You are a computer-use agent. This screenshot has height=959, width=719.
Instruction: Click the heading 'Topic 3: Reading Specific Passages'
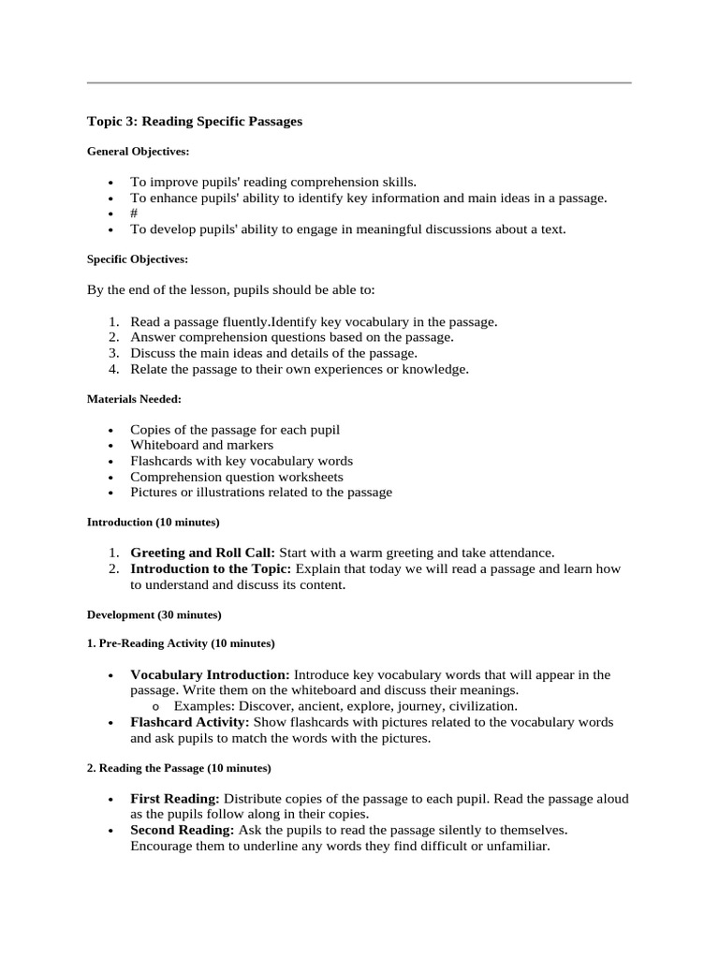pyautogui.click(x=195, y=122)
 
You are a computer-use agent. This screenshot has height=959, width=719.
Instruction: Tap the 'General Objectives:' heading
pyautogui.click(x=138, y=151)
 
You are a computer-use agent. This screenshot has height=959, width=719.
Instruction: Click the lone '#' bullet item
pyautogui.click(x=135, y=213)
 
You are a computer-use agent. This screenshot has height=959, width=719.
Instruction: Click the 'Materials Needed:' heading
pyautogui.click(x=134, y=399)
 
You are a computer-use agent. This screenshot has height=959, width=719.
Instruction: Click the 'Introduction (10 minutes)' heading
pyautogui.click(x=154, y=522)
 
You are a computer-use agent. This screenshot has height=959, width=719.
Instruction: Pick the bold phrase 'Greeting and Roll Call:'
pyautogui.click(x=202, y=553)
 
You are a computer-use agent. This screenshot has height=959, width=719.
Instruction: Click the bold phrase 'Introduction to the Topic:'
pyautogui.click(x=211, y=568)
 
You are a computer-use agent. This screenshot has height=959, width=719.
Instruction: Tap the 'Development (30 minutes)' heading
pyautogui.click(x=154, y=614)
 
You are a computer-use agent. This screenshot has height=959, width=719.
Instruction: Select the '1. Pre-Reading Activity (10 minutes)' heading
pyautogui.click(x=181, y=643)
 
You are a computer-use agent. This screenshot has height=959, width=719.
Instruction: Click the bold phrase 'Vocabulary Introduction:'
pyautogui.click(x=210, y=674)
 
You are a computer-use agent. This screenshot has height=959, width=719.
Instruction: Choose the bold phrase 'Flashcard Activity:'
pyautogui.click(x=190, y=722)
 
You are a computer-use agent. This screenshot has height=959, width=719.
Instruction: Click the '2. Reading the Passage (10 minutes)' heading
pyautogui.click(x=179, y=768)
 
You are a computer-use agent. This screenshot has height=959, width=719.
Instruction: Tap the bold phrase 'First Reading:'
pyautogui.click(x=175, y=799)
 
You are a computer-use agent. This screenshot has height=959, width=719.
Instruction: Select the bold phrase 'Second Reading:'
pyautogui.click(x=183, y=830)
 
